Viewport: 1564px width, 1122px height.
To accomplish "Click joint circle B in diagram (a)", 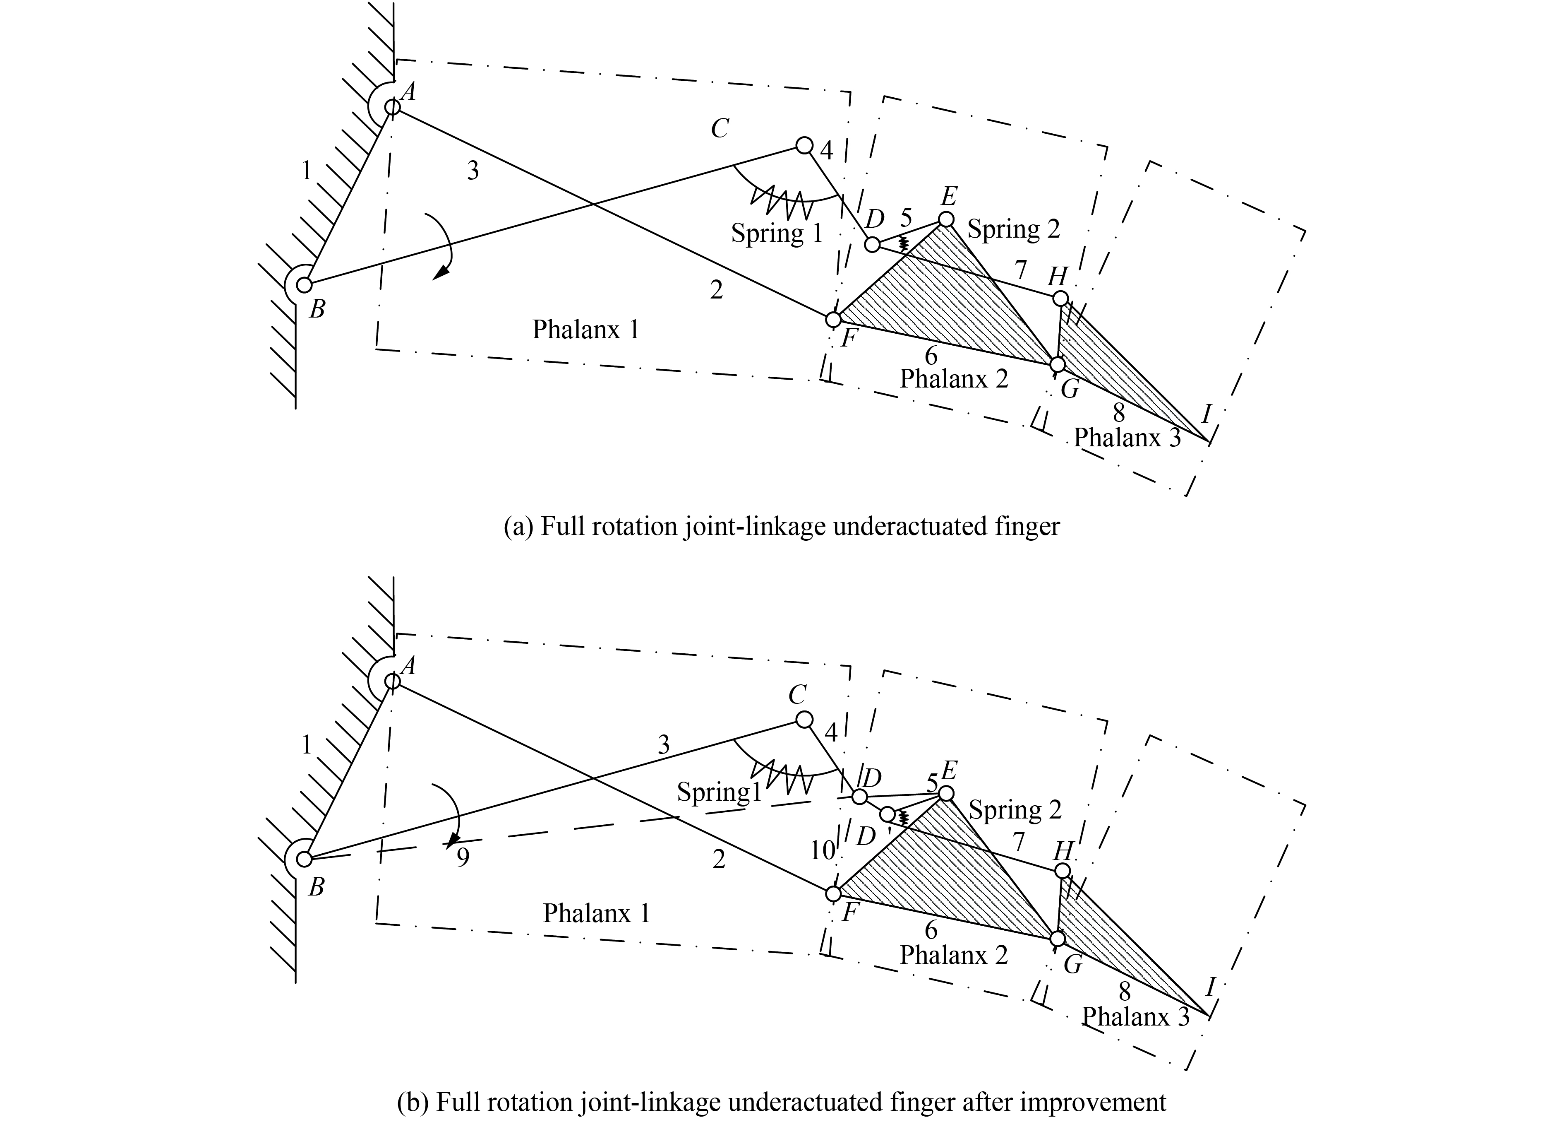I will click(304, 284).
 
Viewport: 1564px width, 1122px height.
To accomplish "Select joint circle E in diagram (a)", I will click(947, 219).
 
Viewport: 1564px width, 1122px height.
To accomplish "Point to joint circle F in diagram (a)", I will click(833, 320).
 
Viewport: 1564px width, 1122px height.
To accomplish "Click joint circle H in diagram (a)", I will click(1060, 299).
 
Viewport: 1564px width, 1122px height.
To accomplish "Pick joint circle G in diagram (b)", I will click(1057, 939).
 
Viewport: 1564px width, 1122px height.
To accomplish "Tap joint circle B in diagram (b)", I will click(304, 859).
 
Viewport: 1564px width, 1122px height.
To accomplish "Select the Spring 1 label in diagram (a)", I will click(777, 233).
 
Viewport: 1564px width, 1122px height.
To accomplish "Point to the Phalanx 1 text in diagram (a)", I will click(585, 330).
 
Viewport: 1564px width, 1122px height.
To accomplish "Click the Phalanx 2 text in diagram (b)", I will click(954, 956).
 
